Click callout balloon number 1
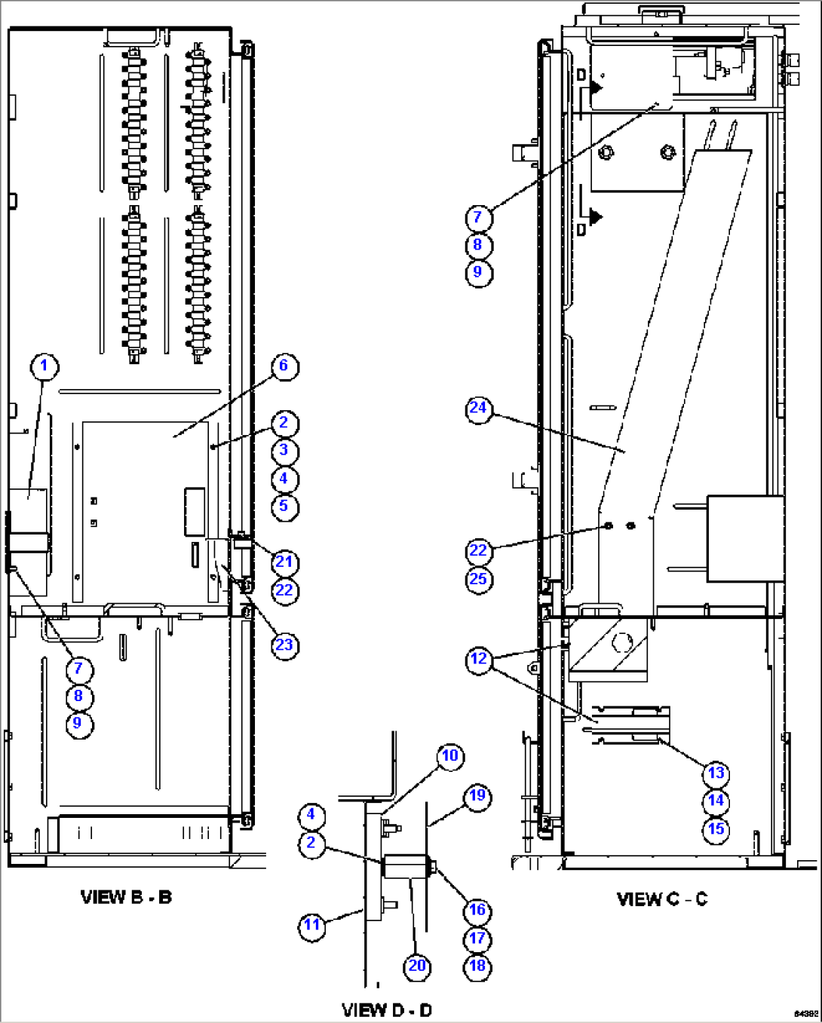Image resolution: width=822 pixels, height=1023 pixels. click(44, 366)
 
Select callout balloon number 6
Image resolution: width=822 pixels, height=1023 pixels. click(284, 366)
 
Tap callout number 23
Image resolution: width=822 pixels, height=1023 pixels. click(284, 645)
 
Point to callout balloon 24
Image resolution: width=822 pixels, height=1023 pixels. click(479, 409)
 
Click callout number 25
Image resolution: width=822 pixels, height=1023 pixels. click(479, 579)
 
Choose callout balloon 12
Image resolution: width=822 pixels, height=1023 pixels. click(479, 659)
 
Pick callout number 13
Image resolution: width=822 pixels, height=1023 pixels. click(716, 773)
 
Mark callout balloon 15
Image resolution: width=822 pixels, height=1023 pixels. click(716, 829)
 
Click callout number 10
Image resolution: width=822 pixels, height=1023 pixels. click(450, 756)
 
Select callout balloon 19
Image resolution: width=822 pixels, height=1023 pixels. click(477, 796)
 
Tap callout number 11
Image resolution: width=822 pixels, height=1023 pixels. click(312, 925)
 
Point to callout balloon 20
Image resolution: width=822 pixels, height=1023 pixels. click(417, 966)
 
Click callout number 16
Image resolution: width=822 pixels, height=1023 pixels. click(477, 911)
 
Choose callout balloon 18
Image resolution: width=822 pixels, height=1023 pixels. click(477, 966)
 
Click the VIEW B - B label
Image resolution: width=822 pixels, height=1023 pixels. click(126, 897)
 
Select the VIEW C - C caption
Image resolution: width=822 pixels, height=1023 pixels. click(662, 899)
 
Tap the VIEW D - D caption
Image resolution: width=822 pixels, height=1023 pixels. click(387, 1010)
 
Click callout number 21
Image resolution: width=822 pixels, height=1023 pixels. click(284, 562)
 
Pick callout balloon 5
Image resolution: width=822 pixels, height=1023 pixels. click(284, 506)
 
